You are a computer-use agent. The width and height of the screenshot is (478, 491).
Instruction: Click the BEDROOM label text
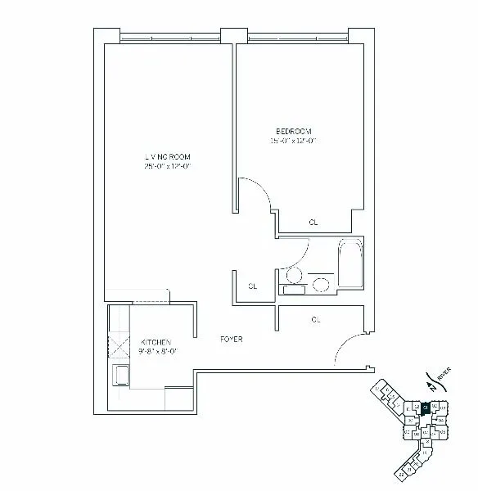(x=294, y=131)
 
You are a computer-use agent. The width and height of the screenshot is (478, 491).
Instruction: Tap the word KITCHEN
(x=155, y=342)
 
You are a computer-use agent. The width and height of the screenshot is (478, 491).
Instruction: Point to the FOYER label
(x=232, y=339)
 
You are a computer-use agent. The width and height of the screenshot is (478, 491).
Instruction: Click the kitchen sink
(x=121, y=376)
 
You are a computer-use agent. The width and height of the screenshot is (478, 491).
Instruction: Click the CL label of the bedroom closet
(x=313, y=222)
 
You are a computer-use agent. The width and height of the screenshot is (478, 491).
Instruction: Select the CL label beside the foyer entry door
(x=316, y=320)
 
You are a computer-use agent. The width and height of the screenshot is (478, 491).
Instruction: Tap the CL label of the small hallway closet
(x=253, y=286)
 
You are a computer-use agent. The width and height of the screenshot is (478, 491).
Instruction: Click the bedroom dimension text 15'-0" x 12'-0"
(x=294, y=141)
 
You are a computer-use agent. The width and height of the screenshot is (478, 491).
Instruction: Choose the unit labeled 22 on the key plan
(x=417, y=406)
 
